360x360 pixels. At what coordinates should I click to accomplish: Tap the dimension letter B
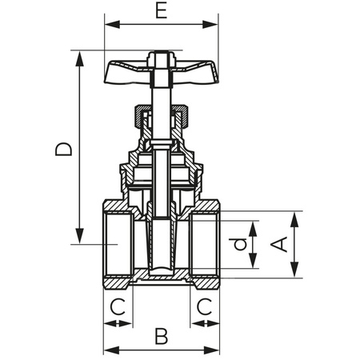coord(162,336)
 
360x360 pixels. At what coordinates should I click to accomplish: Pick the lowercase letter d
coord(238,245)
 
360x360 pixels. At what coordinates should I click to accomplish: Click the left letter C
coord(118,306)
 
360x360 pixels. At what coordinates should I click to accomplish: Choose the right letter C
coord(205,306)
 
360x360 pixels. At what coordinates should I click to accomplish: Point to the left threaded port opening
coord(120,244)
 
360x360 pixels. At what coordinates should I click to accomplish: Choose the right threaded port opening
coord(204,244)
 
